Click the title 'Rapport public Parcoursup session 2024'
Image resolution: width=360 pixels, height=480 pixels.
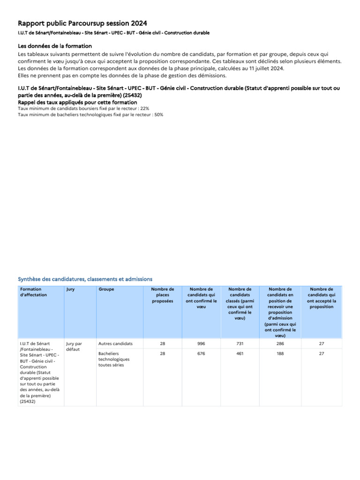click(x=82, y=23)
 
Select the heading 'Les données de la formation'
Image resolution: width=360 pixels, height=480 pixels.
click(x=55, y=46)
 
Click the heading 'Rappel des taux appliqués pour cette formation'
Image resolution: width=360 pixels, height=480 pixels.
click(x=77, y=102)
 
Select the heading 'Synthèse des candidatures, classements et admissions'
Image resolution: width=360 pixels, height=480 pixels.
click(x=85, y=279)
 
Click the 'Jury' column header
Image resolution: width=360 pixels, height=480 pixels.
click(x=70, y=290)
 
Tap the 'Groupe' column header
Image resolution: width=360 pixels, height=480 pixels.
click(x=106, y=290)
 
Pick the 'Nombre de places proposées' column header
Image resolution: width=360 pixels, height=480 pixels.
click(x=163, y=295)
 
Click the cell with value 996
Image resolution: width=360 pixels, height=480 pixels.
click(x=201, y=344)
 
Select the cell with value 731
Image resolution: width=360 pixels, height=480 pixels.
click(x=240, y=344)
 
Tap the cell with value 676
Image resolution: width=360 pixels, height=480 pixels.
click(x=201, y=353)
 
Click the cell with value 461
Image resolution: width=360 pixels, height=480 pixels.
click(x=240, y=353)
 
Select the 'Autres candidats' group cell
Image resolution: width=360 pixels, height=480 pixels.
click(x=115, y=344)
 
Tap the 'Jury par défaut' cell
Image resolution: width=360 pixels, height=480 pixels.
click(x=74, y=346)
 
